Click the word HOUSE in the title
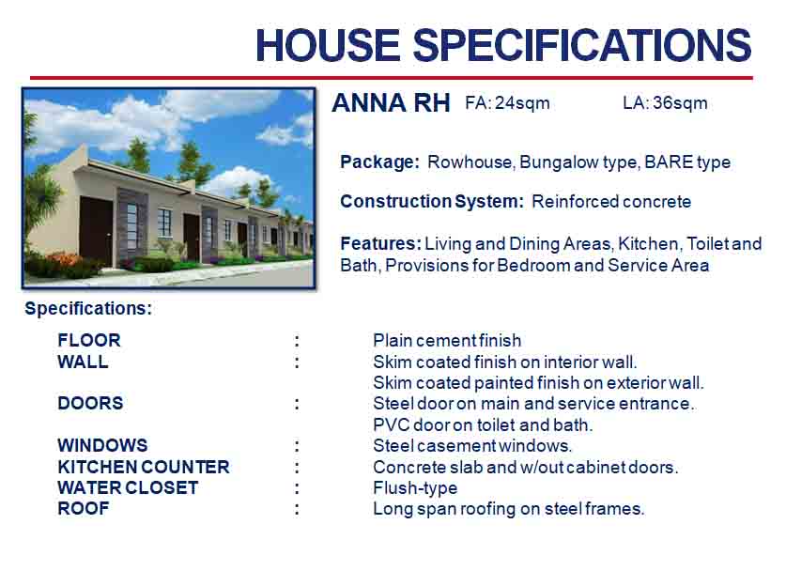coord(328,45)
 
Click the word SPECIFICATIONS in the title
coord(582,45)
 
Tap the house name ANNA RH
coord(391,102)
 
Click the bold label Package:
coord(380,162)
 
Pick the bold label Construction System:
coord(432,202)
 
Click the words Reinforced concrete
coord(611,202)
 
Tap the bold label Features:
coord(380,243)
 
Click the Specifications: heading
coord(88,308)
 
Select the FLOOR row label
coord(89,340)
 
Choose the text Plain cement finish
coord(447,341)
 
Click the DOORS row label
coord(90,403)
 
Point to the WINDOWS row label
coord(102,445)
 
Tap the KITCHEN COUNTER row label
coord(144,467)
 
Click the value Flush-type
coord(415,487)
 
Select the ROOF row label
coord(84,508)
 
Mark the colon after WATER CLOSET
coord(298,488)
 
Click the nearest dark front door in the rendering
coord(96,232)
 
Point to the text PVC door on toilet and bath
coord(483,425)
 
